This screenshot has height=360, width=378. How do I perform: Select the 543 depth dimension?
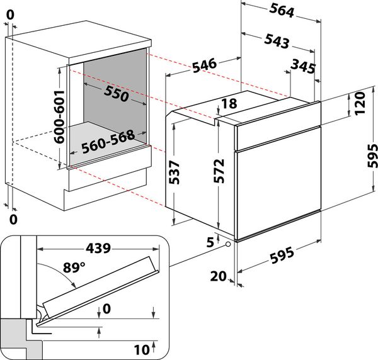pos(277,42)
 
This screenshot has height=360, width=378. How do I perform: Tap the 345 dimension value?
pos(303,65)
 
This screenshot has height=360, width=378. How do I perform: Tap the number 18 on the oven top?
pos(228,104)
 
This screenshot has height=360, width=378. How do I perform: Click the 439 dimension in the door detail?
pos(94,247)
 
